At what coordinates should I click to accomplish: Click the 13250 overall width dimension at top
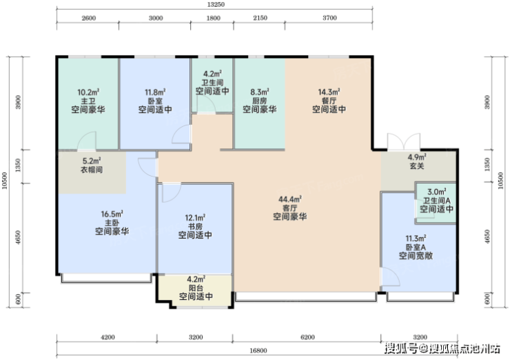pyautogui.click(x=215, y=5)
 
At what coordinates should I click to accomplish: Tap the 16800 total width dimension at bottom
pyautogui.click(x=258, y=350)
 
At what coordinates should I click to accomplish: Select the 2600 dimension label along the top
pyautogui.click(x=88, y=18)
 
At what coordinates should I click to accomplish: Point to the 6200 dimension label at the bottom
pyautogui.click(x=307, y=337)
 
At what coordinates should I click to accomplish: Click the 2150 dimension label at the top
pyautogui.click(x=261, y=18)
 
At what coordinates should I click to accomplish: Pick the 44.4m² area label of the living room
pyautogui.click(x=289, y=199)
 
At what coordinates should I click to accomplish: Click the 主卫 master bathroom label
pyautogui.click(x=88, y=101)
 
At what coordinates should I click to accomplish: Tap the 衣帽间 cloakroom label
pyautogui.click(x=92, y=170)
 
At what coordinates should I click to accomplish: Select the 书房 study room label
pyautogui.click(x=195, y=226)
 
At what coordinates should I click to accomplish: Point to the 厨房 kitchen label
pyautogui.click(x=260, y=101)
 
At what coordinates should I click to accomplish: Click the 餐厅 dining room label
pyautogui.click(x=329, y=101)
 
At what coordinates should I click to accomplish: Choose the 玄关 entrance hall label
pyautogui.click(x=417, y=166)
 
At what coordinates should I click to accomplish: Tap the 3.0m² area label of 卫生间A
pyautogui.click(x=436, y=192)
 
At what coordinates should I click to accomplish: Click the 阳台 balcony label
pyautogui.click(x=196, y=288)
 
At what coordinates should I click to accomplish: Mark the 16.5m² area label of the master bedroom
pyautogui.click(x=112, y=214)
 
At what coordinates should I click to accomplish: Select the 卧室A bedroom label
pyautogui.click(x=416, y=248)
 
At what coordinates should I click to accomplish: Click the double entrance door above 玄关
pyautogui.click(x=404, y=141)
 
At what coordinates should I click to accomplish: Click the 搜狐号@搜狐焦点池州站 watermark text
pyautogui.click(x=442, y=348)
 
